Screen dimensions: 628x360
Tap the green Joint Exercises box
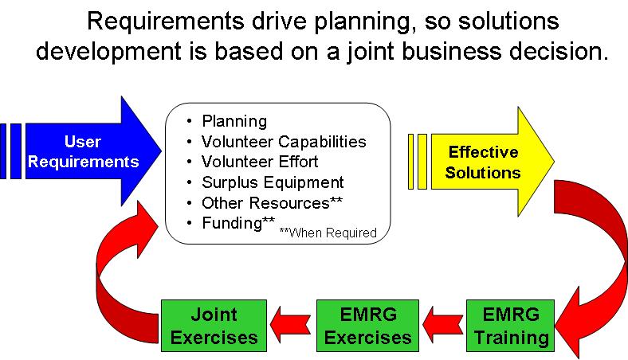214,326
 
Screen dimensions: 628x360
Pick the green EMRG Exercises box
367,326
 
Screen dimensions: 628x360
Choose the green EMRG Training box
511,326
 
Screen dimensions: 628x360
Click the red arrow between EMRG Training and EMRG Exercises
442,324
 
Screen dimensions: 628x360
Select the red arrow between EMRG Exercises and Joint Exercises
291,324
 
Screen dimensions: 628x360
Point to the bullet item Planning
234,121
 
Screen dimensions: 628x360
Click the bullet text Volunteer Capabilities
284,141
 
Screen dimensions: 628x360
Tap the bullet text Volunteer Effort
260,162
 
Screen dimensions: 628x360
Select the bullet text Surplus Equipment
273,182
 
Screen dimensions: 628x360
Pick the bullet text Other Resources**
272,202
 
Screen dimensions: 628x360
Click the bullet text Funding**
238,223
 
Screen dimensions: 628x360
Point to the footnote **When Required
328,233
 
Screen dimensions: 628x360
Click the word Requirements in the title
166,22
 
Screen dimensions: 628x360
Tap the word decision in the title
559,51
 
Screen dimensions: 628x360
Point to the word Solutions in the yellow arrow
483,173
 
